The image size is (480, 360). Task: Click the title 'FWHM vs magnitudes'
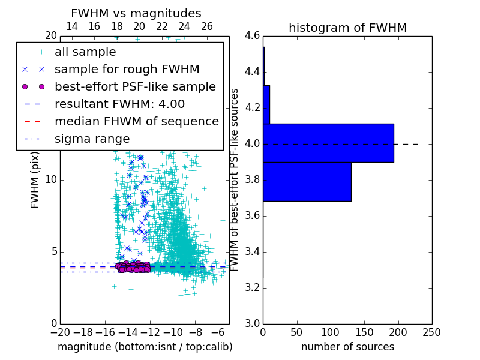point(136,14)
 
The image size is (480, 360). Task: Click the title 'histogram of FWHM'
point(347,28)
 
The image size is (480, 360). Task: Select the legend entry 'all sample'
point(85,52)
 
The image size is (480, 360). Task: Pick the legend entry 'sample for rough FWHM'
point(127,70)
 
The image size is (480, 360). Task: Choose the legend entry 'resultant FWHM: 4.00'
point(119,104)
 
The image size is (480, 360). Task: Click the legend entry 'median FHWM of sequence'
point(136,121)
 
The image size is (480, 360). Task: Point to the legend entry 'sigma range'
point(92,139)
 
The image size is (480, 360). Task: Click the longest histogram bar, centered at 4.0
point(328,143)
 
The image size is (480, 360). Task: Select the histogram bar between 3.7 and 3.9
point(307,181)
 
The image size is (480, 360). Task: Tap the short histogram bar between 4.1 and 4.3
point(266,104)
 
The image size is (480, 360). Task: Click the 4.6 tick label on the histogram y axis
point(252,36)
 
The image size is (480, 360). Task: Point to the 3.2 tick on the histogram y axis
point(252,287)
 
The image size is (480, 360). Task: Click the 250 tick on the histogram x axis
point(431,332)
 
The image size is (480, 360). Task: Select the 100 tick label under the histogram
point(330,332)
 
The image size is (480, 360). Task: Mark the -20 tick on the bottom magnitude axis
point(60,332)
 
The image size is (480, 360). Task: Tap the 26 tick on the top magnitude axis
point(206,27)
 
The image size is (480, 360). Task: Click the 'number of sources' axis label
point(347,347)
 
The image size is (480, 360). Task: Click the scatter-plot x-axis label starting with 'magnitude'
point(145,347)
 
